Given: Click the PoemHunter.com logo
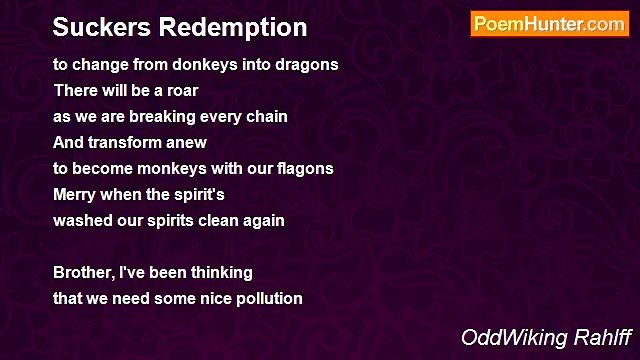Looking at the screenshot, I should point(549,24).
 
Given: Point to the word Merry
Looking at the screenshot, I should point(74,194).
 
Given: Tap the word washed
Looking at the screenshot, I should point(81,220).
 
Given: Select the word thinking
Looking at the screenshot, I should point(217,272).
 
